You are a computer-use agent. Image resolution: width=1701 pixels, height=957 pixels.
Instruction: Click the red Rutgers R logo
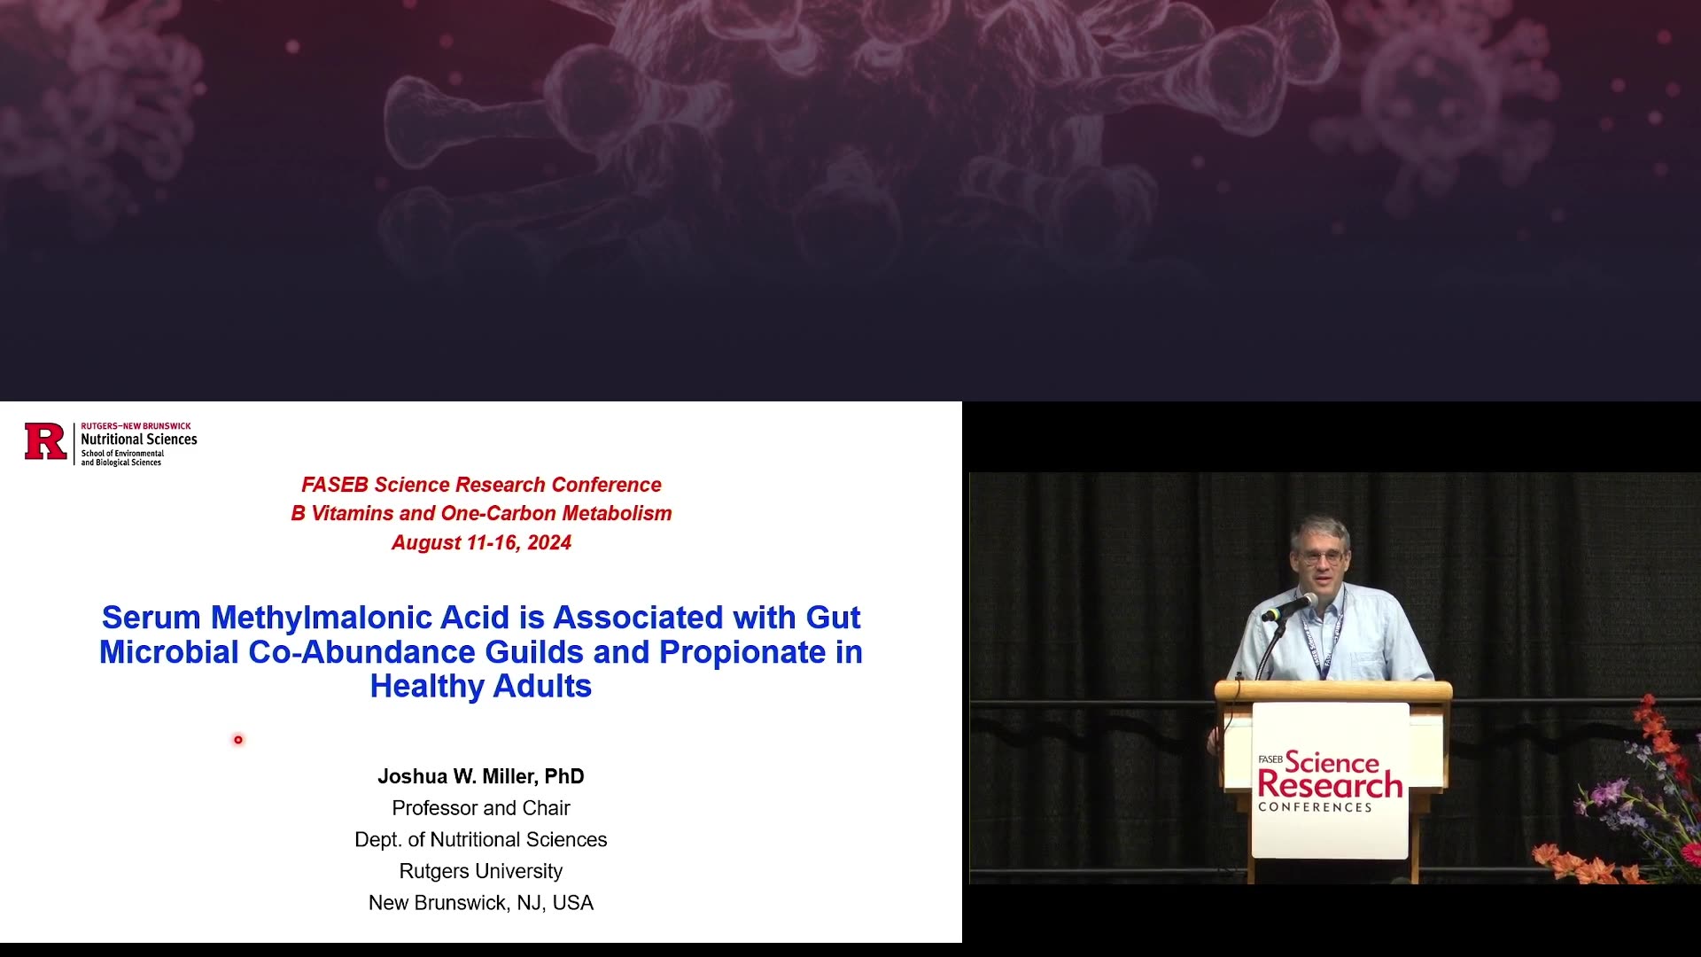[46, 441]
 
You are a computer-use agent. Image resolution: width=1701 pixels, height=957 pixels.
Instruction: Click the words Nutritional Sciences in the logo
[139, 440]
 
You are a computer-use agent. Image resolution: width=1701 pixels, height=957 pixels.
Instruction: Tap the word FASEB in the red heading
[335, 485]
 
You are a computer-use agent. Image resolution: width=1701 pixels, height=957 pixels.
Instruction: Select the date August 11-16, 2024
[481, 542]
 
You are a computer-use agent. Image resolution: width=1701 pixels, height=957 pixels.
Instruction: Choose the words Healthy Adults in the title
[481, 686]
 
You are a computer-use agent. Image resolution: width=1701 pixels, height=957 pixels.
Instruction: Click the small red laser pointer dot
[238, 740]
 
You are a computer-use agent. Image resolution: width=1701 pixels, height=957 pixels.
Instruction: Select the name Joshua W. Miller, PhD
[481, 777]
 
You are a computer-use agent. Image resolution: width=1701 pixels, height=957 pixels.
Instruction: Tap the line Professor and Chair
[481, 808]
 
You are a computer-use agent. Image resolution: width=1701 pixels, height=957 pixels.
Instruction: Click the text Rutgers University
[481, 871]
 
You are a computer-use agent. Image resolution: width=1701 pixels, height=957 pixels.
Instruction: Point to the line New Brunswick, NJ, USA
[481, 903]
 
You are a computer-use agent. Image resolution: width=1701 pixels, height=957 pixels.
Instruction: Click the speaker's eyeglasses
[1319, 558]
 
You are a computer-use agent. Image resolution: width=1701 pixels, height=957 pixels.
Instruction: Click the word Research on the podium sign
[1330, 784]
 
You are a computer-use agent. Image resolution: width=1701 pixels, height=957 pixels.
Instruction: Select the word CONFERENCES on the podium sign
[1315, 807]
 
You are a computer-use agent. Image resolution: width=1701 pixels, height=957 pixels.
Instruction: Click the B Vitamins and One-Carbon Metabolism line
[481, 514]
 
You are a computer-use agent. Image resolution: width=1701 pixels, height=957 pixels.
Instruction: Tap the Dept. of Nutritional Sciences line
[481, 840]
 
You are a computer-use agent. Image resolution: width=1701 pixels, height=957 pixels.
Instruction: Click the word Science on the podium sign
[1332, 761]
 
